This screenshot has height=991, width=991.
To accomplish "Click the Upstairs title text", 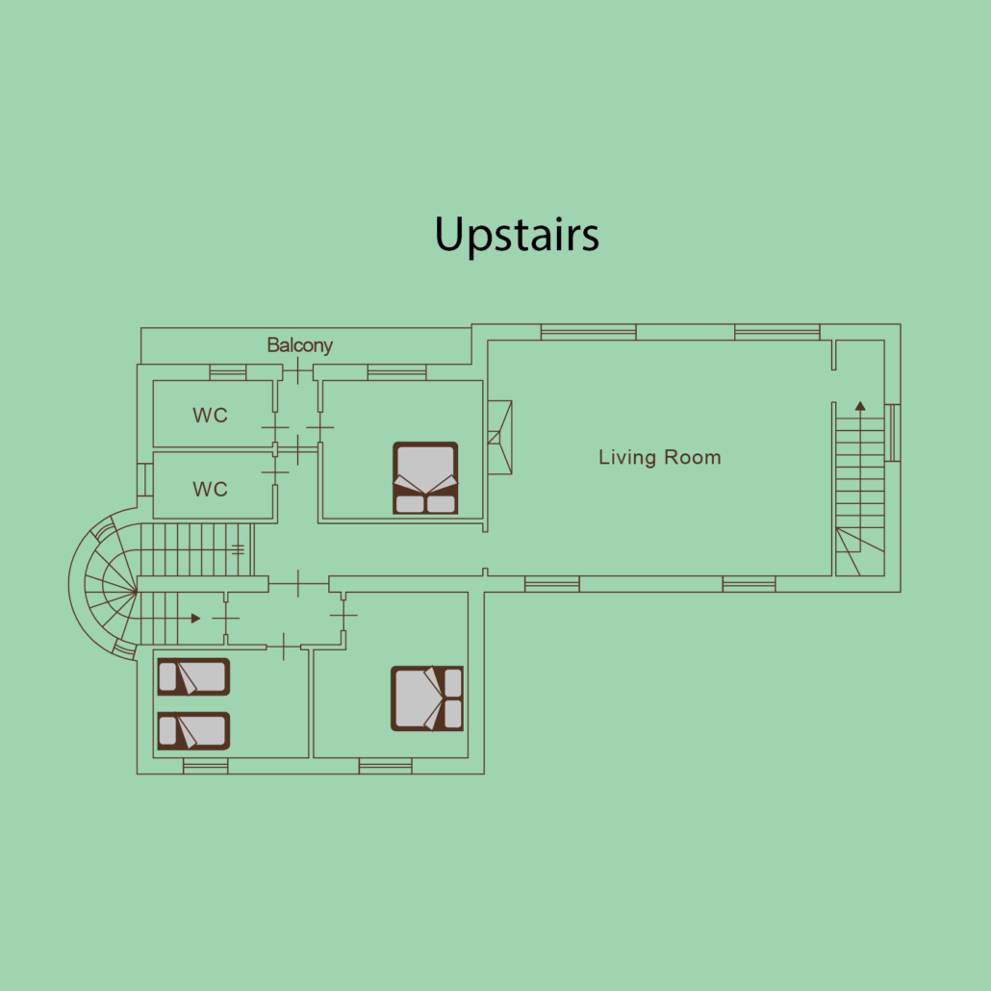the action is [517, 235].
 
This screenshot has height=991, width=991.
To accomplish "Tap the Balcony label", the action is [299, 345].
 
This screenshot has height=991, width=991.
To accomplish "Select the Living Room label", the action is [660, 457].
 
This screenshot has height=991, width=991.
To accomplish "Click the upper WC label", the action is [210, 416].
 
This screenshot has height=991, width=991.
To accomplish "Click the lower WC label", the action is [210, 489].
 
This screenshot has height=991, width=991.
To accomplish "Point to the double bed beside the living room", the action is [425, 478].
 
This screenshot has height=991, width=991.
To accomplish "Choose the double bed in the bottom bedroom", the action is [426, 699].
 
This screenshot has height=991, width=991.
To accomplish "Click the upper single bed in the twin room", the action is [193, 677].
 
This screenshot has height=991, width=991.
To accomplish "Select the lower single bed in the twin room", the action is [193, 730].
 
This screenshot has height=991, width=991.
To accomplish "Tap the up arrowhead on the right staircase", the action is [860, 406].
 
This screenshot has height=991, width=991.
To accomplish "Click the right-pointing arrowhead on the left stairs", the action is [196, 618].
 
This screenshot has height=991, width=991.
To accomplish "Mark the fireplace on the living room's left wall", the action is [499, 438].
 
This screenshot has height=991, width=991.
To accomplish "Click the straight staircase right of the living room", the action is [859, 490].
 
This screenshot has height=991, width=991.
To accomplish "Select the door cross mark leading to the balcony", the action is [297, 370].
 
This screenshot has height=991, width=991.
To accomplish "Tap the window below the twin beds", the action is [205, 767].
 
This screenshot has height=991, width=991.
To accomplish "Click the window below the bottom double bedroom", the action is [386, 767].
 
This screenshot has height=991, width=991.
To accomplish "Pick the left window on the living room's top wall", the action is [589, 332].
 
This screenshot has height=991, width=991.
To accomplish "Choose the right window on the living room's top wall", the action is [776, 332].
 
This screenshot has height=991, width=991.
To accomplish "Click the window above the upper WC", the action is [227, 372].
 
